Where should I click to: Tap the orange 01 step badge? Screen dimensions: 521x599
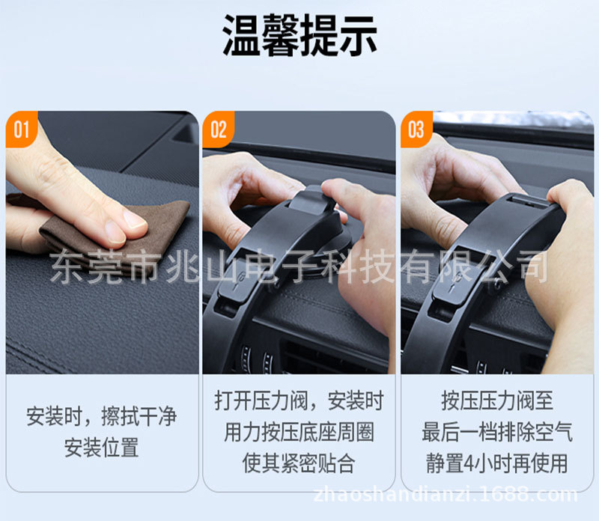[21, 130]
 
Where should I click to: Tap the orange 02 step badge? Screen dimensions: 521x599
[218, 130]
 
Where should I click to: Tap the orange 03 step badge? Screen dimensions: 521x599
[416, 130]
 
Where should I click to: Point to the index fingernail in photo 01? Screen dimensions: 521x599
[136, 219]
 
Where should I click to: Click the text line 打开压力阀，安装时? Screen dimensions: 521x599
[299, 401]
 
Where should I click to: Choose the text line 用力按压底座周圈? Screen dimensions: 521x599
[299, 432]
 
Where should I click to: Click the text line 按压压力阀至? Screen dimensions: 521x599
[497, 401]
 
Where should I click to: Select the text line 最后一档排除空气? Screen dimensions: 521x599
[497, 432]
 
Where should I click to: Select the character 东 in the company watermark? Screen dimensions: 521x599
[66, 267]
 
